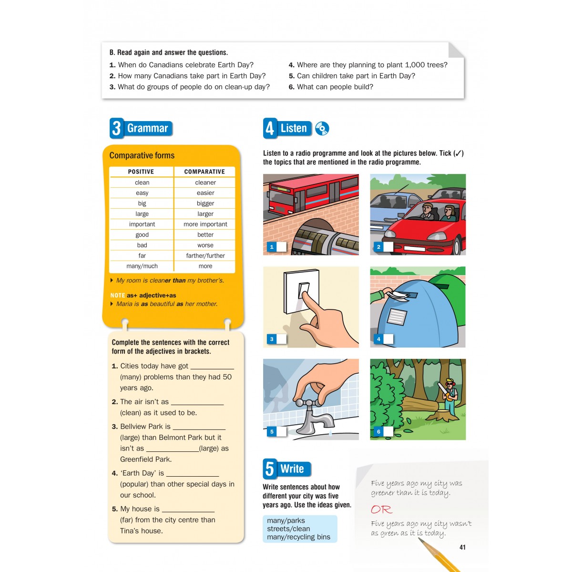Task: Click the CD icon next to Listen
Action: [322, 129]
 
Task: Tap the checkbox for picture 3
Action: [281, 339]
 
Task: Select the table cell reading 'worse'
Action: [205, 245]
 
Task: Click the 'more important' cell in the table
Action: [205, 224]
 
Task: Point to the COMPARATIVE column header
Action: [204, 172]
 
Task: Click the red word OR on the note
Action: [381, 510]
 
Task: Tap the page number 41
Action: [462, 547]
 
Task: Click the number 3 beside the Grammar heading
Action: [116, 128]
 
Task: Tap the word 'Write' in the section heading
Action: [292, 469]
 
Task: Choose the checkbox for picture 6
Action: [388, 431]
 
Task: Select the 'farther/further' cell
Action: [205, 255]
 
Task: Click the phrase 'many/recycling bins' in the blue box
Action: [298, 537]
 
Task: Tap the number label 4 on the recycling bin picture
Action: [378, 339]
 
